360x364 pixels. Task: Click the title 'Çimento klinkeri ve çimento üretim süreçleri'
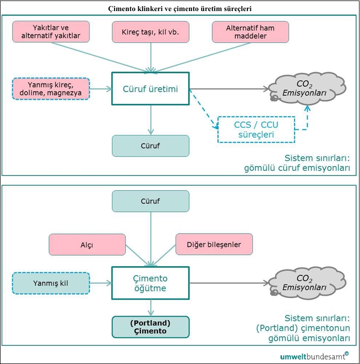(x=180, y=8)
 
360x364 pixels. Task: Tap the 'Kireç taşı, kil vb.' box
(x=150, y=32)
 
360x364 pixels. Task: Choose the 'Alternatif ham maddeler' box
(x=250, y=32)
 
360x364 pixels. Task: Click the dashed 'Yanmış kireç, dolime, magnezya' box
(x=51, y=89)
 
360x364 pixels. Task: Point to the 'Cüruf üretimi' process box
(x=150, y=89)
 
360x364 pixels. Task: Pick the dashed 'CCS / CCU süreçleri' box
(x=255, y=129)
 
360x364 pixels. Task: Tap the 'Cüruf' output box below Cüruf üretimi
(x=150, y=145)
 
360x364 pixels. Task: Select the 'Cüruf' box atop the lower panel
(x=150, y=201)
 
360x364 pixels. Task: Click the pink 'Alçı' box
(x=87, y=244)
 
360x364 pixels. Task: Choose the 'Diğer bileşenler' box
(x=213, y=244)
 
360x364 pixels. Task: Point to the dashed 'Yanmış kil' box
(x=51, y=283)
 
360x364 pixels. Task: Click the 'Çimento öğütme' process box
(x=150, y=283)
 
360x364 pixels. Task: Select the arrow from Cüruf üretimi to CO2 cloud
(x=229, y=89)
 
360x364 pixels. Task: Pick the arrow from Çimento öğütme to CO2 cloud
(x=229, y=283)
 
